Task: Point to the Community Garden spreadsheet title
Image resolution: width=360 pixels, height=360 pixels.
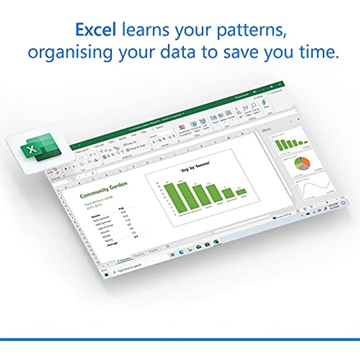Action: click(x=104, y=188)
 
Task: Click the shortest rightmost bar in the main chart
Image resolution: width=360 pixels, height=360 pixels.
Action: click(x=241, y=192)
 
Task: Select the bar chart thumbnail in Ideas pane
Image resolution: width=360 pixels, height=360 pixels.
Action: click(x=291, y=144)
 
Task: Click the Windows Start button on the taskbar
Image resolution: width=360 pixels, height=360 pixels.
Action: click(x=106, y=275)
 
